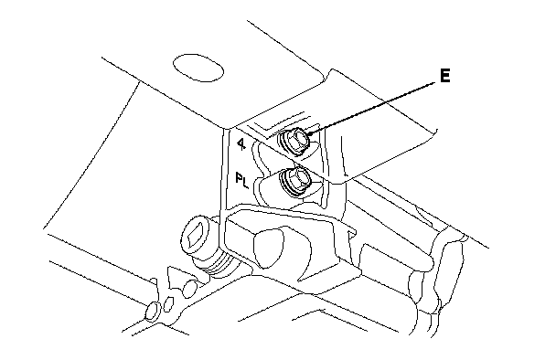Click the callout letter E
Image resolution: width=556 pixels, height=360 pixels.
pyautogui.click(x=445, y=76)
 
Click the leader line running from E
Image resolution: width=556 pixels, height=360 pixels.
pyautogui.click(x=372, y=108)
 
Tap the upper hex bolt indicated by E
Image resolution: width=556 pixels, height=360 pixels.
pyautogui.click(x=296, y=141)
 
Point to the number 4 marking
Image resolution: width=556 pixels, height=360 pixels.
pyautogui.click(x=241, y=143)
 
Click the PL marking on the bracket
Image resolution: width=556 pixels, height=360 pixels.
pyautogui.click(x=242, y=180)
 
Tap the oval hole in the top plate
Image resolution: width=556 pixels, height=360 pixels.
pyautogui.click(x=198, y=68)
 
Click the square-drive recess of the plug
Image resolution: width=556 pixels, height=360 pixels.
pyautogui.click(x=196, y=234)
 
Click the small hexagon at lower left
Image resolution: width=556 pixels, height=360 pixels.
pyautogui.click(x=167, y=303)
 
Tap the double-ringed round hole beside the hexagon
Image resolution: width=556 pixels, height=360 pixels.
pyautogui.click(x=154, y=311)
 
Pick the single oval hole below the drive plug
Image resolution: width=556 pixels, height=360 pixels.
pyautogui.click(x=189, y=288)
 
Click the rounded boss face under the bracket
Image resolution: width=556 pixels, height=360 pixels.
pyautogui.click(x=269, y=248)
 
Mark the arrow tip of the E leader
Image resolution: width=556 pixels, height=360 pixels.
pyautogui.click(x=307, y=134)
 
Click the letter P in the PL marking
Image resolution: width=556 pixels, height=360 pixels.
pyautogui.click(x=240, y=177)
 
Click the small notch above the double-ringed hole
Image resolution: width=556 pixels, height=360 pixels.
pyautogui.click(x=154, y=281)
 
